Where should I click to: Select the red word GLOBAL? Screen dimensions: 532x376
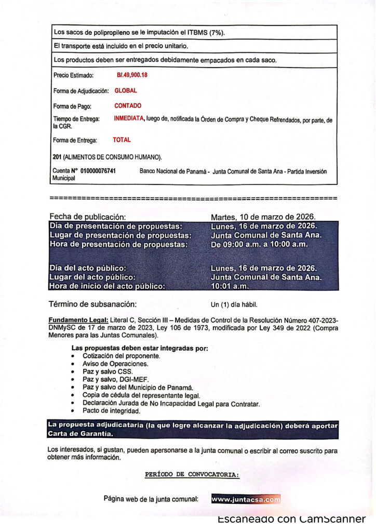click(126, 90)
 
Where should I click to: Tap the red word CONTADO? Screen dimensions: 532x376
click(128, 105)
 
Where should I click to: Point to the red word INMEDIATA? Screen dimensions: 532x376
click(128, 119)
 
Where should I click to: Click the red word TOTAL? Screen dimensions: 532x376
click(122, 140)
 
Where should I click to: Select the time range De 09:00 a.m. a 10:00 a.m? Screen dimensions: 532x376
click(259, 244)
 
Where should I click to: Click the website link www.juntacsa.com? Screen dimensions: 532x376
click(246, 499)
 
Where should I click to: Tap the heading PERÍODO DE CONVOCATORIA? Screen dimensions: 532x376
click(192, 475)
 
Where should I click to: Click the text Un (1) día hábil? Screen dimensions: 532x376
click(234, 304)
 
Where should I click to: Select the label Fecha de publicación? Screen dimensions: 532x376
click(88, 217)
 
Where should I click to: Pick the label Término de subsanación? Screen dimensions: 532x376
click(92, 304)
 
